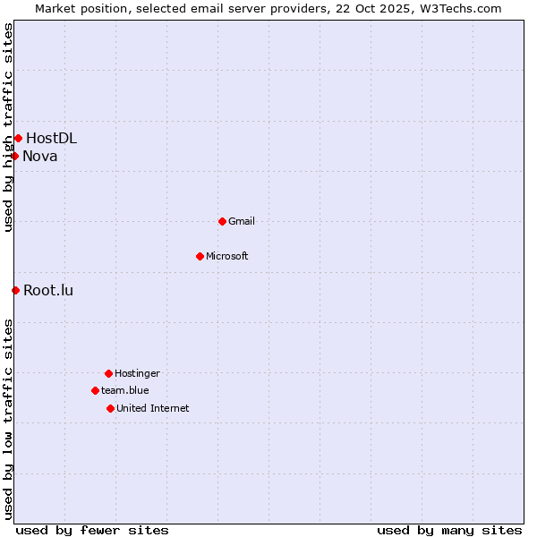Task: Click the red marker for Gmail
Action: (222, 221)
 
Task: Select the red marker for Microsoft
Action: (200, 256)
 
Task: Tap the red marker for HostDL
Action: (18, 138)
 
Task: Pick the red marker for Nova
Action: (14, 157)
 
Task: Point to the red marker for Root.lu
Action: (15, 290)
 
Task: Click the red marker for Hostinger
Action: (108, 373)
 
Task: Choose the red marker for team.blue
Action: (95, 390)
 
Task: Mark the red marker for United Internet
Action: (110, 408)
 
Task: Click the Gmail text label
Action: (242, 221)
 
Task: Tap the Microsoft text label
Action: (227, 256)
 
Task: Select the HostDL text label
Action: (51, 138)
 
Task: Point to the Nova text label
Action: (40, 157)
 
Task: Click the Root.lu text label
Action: (48, 290)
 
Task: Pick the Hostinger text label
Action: (137, 373)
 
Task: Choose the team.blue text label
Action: (125, 390)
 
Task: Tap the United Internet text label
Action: (153, 408)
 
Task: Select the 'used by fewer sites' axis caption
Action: (92, 530)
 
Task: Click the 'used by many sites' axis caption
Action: (449, 530)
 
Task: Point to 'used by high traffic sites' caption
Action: (8, 127)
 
